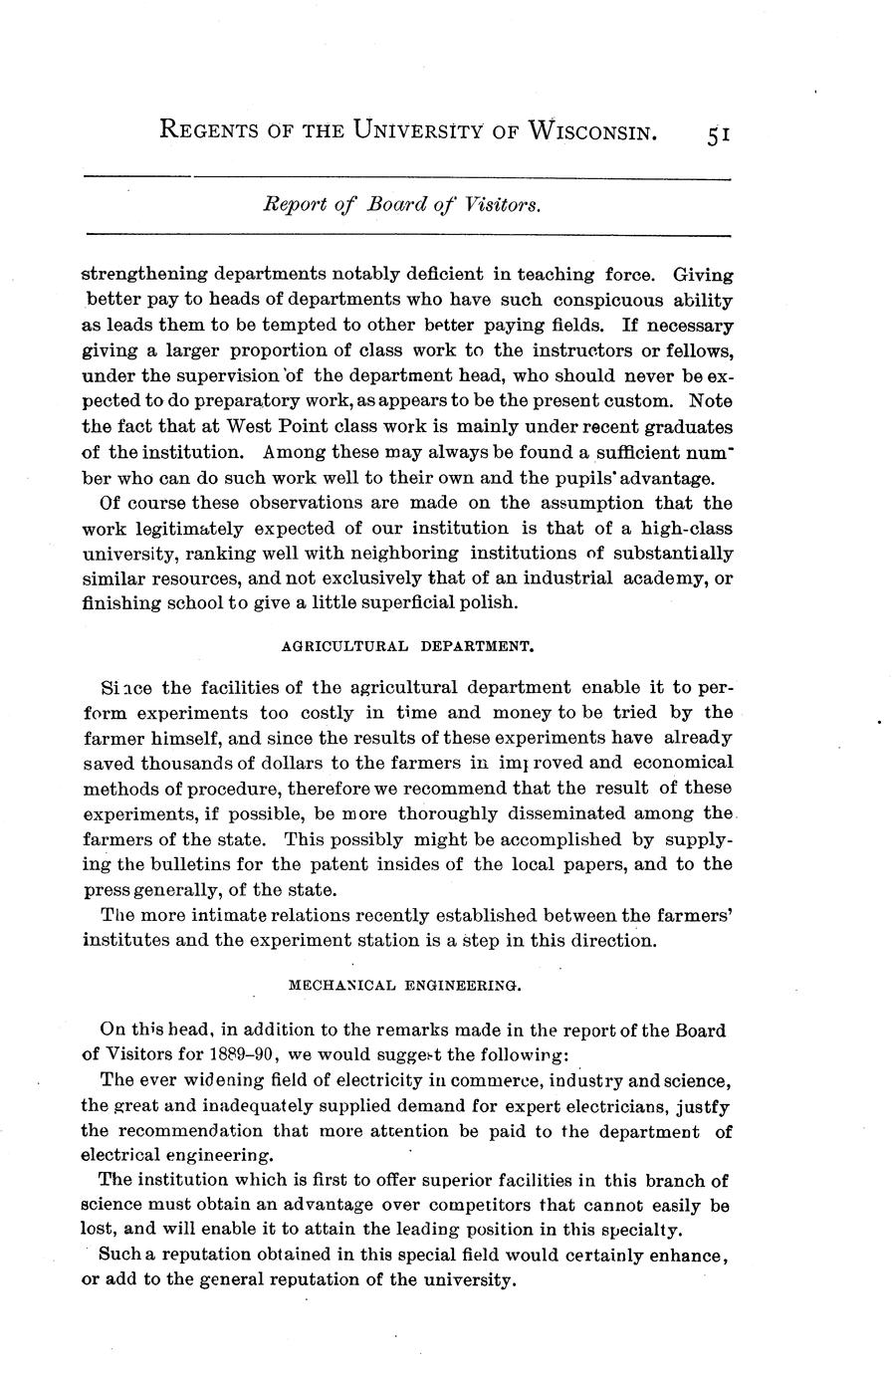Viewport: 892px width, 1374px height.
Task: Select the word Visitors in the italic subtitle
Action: coord(504,205)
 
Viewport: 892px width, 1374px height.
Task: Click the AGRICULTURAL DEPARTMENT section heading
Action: coord(409,645)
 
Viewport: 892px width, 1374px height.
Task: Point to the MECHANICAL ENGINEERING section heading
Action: coord(404,985)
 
